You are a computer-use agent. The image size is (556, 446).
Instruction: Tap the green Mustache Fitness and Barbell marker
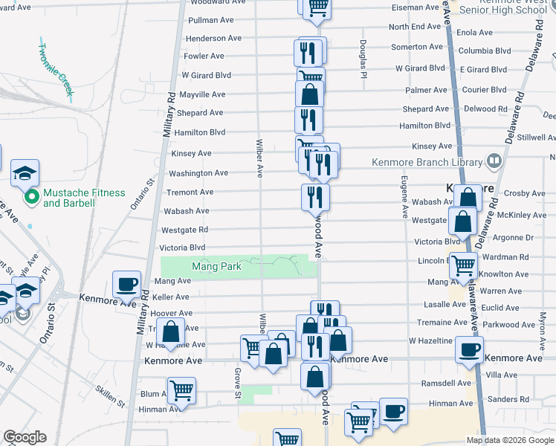click(32, 198)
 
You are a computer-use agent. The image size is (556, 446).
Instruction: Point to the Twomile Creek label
click(56, 68)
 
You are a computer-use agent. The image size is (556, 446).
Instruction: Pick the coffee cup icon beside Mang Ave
click(126, 283)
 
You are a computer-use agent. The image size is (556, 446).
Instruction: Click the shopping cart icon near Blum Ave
click(182, 391)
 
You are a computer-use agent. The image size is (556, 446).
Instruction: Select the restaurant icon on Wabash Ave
click(315, 197)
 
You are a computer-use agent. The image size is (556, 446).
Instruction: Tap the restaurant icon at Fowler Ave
click(309, 53)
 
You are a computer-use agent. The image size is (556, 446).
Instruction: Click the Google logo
click(25, 437)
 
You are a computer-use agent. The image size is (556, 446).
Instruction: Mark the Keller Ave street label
click(171, 297)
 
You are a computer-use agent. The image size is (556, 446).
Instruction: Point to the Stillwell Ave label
click(536, 138)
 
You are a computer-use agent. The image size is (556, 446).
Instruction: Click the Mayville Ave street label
click(202, 94)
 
